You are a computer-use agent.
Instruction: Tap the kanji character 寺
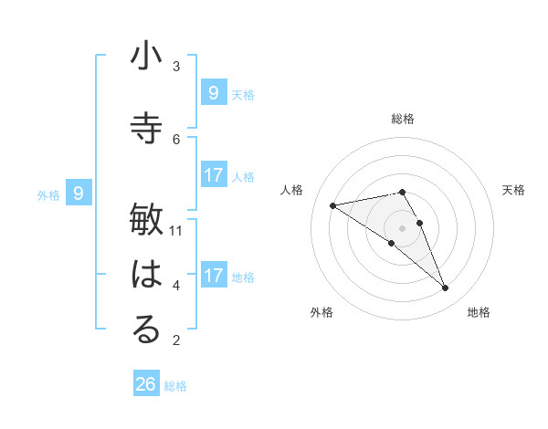(x=146, y=129)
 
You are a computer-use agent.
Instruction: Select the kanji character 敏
(x=146, y=220)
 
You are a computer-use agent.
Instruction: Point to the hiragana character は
(x=146, y=275)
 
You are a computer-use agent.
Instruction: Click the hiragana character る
(x=146, y=330)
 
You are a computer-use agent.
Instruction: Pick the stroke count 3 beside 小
(x=176, y=66)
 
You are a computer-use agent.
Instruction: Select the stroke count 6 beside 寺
(x=176, y=139)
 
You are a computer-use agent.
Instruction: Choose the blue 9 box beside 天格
(x=213, y=92)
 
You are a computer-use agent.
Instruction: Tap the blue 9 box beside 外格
(x=79, y=193)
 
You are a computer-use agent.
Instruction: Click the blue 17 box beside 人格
(x=213, y=175)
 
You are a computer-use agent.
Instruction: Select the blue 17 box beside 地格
(x=213, y=275)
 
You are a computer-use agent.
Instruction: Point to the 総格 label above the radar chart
(x=403, y=119)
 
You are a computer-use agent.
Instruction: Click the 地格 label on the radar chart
(x=479, y=312)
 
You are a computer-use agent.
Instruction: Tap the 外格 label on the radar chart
(x=321, y=312)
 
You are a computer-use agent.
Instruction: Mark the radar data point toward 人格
(x=333, y=205)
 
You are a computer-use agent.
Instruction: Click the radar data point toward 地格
(x=446, y=288)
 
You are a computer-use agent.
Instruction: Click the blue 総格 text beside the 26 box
(x=175, y=386)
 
